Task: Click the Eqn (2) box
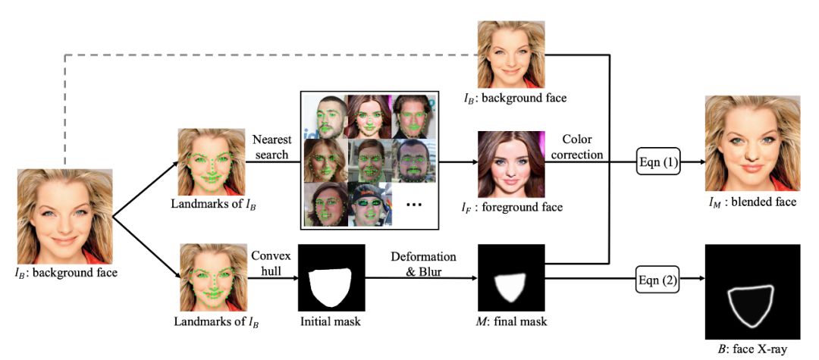656,282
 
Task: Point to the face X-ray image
752,292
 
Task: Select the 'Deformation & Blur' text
423,263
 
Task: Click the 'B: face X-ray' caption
752,350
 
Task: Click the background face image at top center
510,55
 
